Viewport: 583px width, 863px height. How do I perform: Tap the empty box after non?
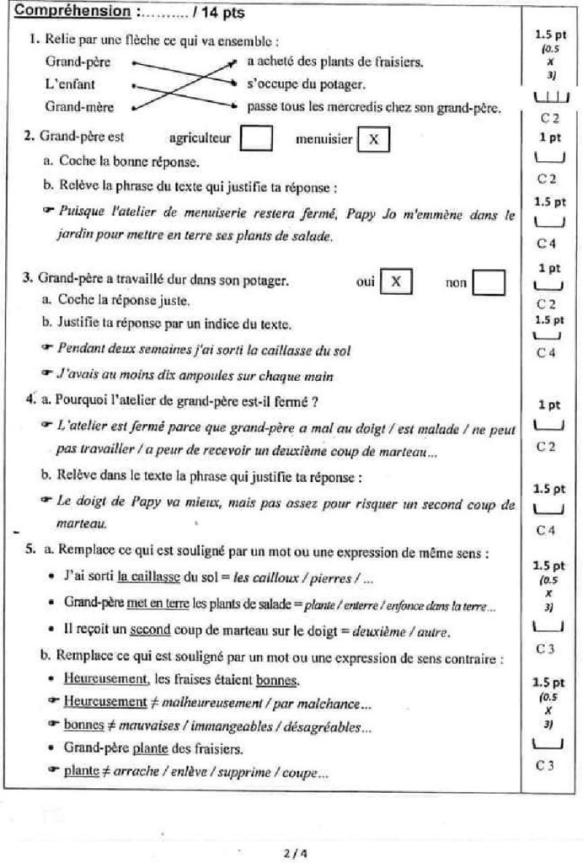pos(488,282)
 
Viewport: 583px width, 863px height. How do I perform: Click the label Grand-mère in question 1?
pos(79,107)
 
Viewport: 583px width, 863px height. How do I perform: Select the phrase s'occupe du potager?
pos(306,84)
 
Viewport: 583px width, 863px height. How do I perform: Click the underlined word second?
pos(146,631)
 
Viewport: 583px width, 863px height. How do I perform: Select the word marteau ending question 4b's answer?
pos(76,524)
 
